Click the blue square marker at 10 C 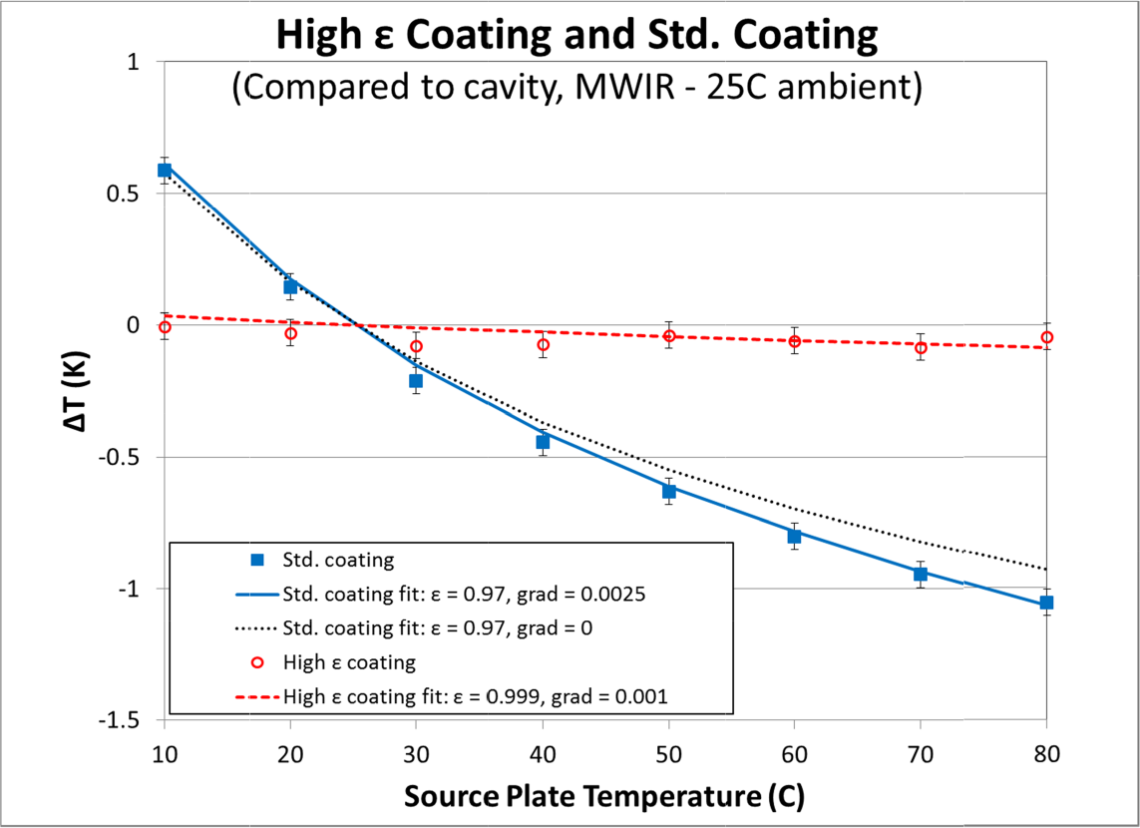(165, 170)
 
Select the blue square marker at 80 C (1046, 603)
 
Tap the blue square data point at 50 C (668, 491)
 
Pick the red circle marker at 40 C (543, 344)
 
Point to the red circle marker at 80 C (1046, 337)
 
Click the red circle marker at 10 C (165, 327)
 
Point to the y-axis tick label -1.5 (127, 720)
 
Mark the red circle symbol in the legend (256, 662)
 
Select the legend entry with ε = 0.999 (475, 696)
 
